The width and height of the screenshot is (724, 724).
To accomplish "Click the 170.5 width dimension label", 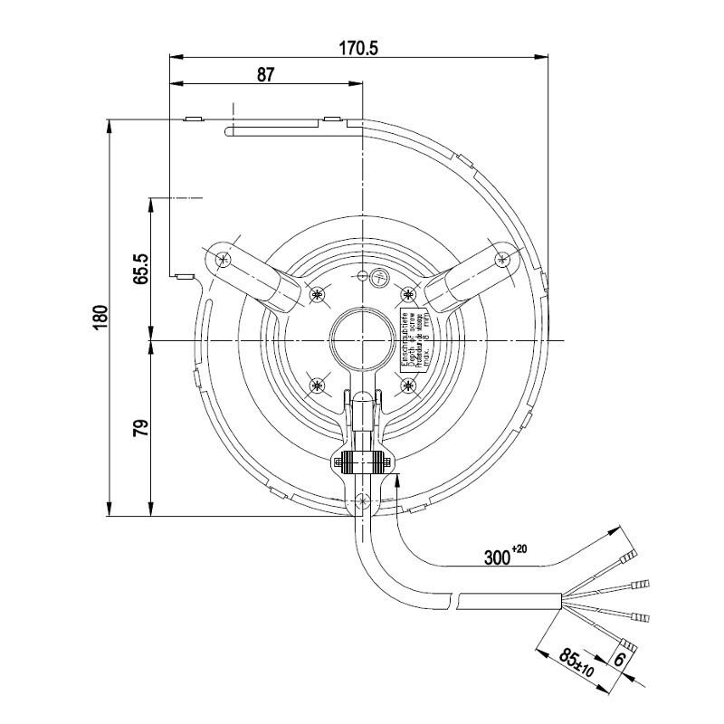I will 359,48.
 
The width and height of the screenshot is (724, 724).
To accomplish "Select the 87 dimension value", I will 265,75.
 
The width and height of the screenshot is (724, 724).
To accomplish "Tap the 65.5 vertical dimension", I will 140,269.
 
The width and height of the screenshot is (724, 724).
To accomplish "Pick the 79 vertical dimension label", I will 140,428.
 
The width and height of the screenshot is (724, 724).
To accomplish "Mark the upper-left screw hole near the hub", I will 317,293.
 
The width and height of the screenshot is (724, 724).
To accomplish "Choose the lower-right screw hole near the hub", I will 408,386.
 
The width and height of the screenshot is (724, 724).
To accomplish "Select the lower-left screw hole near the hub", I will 317,386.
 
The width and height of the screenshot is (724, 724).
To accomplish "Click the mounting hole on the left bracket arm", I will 223,259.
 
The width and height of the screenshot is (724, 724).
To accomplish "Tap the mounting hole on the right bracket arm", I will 502,259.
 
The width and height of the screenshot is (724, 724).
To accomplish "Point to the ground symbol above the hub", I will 379,278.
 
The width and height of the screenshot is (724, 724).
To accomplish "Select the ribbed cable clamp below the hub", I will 362,463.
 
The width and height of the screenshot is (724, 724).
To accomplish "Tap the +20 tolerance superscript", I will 520,549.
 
